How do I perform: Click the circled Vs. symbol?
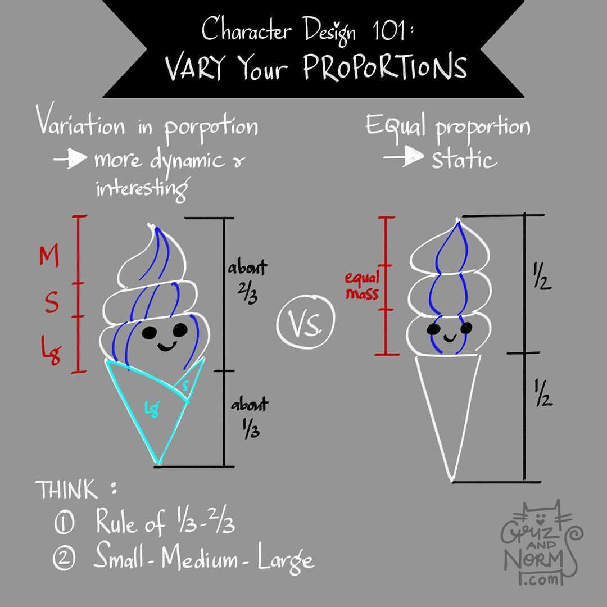pyautogui.click(x=305, y=323)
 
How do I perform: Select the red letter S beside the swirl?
pyautogui.click(x=52, y=302)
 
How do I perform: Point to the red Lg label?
pyautogui.click(x=52, y=350)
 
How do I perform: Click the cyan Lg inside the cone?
pyautogui.click(x=152, y=409)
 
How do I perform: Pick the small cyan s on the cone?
pyautogui.click(x=186, y=386)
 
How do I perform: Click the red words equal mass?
pyautogui.click(x=362, y=286)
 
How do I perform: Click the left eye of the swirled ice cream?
pyautogui.click(x=149, y=333)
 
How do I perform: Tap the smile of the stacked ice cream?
pyautogui.click(x=450, y=339)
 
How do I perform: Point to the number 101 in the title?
pyautogui.click(x=389, y=30)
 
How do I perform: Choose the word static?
pyautogui.click(x=464, y=158)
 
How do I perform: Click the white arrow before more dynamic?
pyautogui.click(x=70, y=158)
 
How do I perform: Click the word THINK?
pyautogui.click(x=66, y=490)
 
